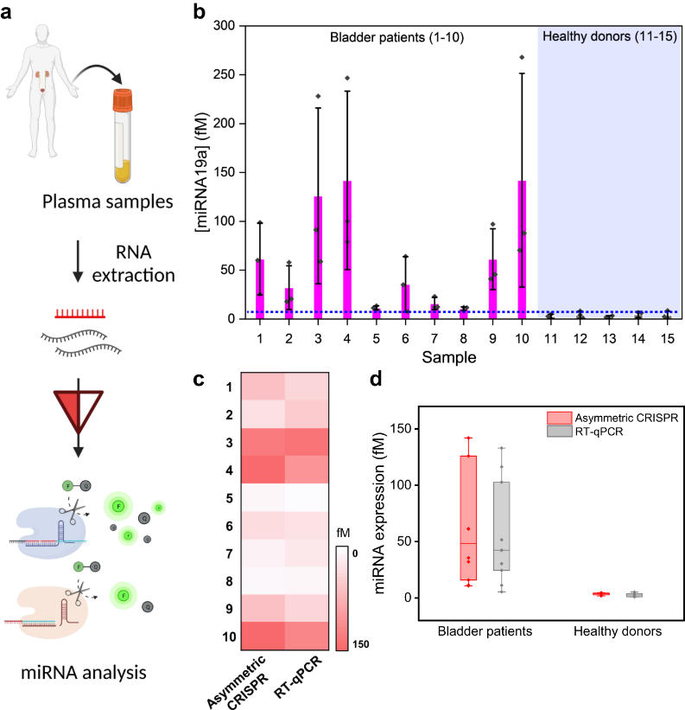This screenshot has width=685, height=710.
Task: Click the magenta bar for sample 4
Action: pos(347,251)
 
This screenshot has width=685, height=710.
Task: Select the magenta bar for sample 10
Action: pos(522,251)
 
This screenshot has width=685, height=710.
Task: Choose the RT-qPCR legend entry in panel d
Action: pos(596,431)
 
